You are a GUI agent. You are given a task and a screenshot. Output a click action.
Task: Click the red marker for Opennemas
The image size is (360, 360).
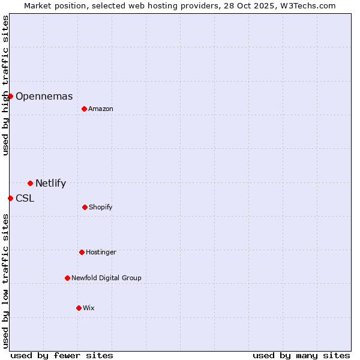10,96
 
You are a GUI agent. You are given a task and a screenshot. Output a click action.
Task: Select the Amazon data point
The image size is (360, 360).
84,109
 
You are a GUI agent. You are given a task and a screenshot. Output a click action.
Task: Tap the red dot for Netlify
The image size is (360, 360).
30,183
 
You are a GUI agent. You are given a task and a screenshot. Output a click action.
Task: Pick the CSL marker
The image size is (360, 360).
10,198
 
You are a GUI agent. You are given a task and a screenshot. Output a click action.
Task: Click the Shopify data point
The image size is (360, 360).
85,207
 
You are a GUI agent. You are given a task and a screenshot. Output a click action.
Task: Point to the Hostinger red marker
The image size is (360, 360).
82,252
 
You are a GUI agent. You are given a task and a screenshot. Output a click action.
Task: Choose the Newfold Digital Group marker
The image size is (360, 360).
67,278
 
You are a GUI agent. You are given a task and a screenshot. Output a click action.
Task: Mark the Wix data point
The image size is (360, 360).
79,308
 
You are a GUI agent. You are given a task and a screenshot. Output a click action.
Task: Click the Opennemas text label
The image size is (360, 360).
44,96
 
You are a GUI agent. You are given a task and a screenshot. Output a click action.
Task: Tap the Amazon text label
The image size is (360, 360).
101,109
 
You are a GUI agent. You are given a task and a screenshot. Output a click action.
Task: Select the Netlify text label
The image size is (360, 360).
51,184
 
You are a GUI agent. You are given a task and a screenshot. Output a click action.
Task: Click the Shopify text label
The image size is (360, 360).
101,207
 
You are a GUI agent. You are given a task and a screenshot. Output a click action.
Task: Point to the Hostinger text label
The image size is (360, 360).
101,252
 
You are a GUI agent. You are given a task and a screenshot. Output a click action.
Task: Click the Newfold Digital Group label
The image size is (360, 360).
106,278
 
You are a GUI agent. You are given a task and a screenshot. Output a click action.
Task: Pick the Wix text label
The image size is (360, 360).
89,308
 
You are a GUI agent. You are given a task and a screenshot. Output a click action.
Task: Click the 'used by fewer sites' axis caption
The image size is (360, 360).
61,355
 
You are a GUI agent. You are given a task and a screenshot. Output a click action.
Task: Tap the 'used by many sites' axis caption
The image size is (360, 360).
301,355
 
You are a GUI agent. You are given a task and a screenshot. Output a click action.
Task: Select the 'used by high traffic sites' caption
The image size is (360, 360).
5,85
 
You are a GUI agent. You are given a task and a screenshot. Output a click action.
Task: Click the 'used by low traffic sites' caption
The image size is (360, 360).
5,281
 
